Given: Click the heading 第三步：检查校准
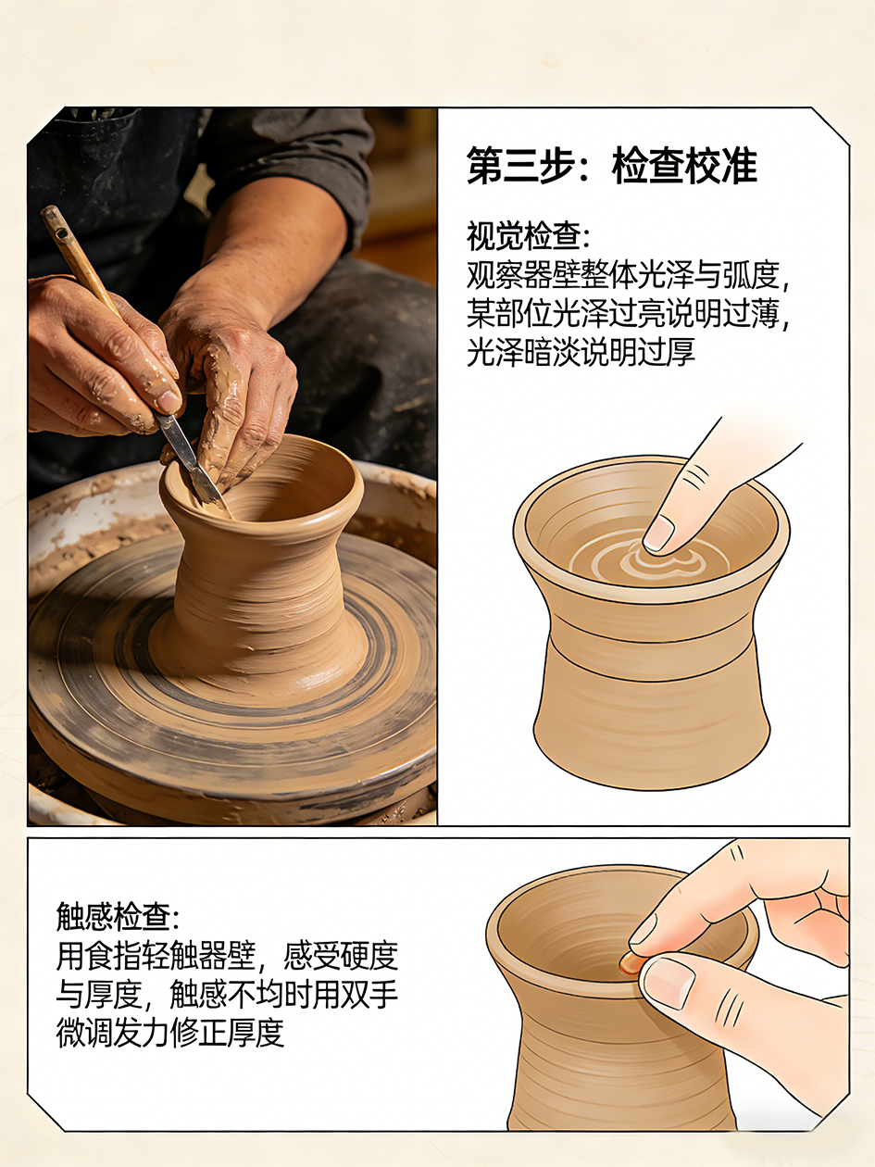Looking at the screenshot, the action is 612,166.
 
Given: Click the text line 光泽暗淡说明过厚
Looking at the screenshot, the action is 581,351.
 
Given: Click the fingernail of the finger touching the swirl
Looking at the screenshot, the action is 658,534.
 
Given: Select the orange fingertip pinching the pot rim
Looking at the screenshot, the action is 630,961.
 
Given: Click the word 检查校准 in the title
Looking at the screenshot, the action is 685,166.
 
